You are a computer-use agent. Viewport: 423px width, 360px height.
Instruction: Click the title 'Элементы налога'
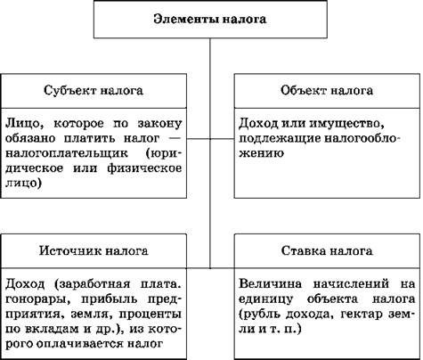[210, 20]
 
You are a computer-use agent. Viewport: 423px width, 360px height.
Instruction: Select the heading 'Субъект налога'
[94, 90]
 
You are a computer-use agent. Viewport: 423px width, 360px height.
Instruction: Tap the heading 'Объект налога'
[327, 90]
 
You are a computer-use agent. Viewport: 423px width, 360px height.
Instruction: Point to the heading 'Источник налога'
[94, 251]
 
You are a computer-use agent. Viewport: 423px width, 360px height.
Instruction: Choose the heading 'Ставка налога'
[327, 251]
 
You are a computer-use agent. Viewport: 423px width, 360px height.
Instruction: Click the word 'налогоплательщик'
[67, 153]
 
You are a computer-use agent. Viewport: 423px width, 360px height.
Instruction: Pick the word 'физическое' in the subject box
[144, 168]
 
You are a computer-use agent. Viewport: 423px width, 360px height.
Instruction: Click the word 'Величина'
[271, 283]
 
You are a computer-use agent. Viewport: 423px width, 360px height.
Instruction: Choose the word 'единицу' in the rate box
[265, 299]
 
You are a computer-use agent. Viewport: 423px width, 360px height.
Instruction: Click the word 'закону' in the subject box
[159, 124]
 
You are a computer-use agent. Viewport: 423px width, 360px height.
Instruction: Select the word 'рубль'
[260, 315]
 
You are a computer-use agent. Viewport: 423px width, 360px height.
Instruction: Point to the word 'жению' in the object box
[261, 153]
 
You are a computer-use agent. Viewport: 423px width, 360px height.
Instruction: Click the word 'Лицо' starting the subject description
[24, 124]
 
